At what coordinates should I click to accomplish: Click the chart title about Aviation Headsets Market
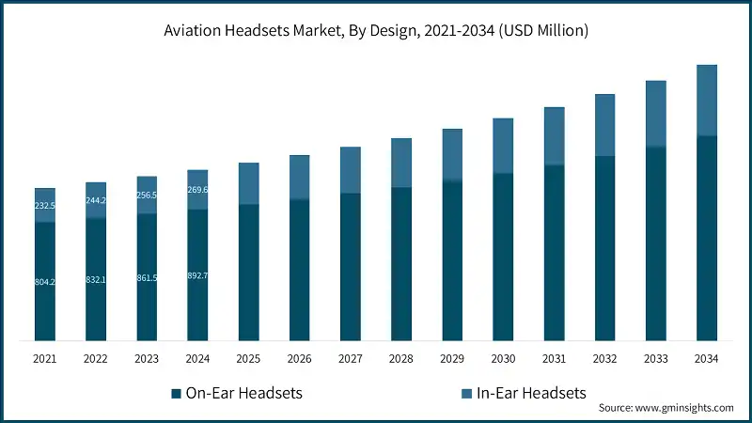375,31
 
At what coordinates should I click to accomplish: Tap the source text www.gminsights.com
666,408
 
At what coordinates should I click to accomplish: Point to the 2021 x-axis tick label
45,358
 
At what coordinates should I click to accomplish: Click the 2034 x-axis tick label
707,358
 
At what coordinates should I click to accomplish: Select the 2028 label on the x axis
401,358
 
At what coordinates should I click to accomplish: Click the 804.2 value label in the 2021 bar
45,282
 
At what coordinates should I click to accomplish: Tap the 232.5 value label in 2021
45,206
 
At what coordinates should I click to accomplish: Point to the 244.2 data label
96,200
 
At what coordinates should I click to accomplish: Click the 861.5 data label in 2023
147,277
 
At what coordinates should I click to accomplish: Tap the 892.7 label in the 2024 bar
197,275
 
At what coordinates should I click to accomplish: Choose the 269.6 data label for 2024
197,190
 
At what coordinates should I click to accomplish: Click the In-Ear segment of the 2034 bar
707,101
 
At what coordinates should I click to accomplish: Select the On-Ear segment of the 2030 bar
503,257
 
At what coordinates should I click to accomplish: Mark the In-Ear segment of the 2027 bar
351,170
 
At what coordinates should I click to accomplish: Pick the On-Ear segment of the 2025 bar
248,273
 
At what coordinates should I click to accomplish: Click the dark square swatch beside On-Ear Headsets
176,393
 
